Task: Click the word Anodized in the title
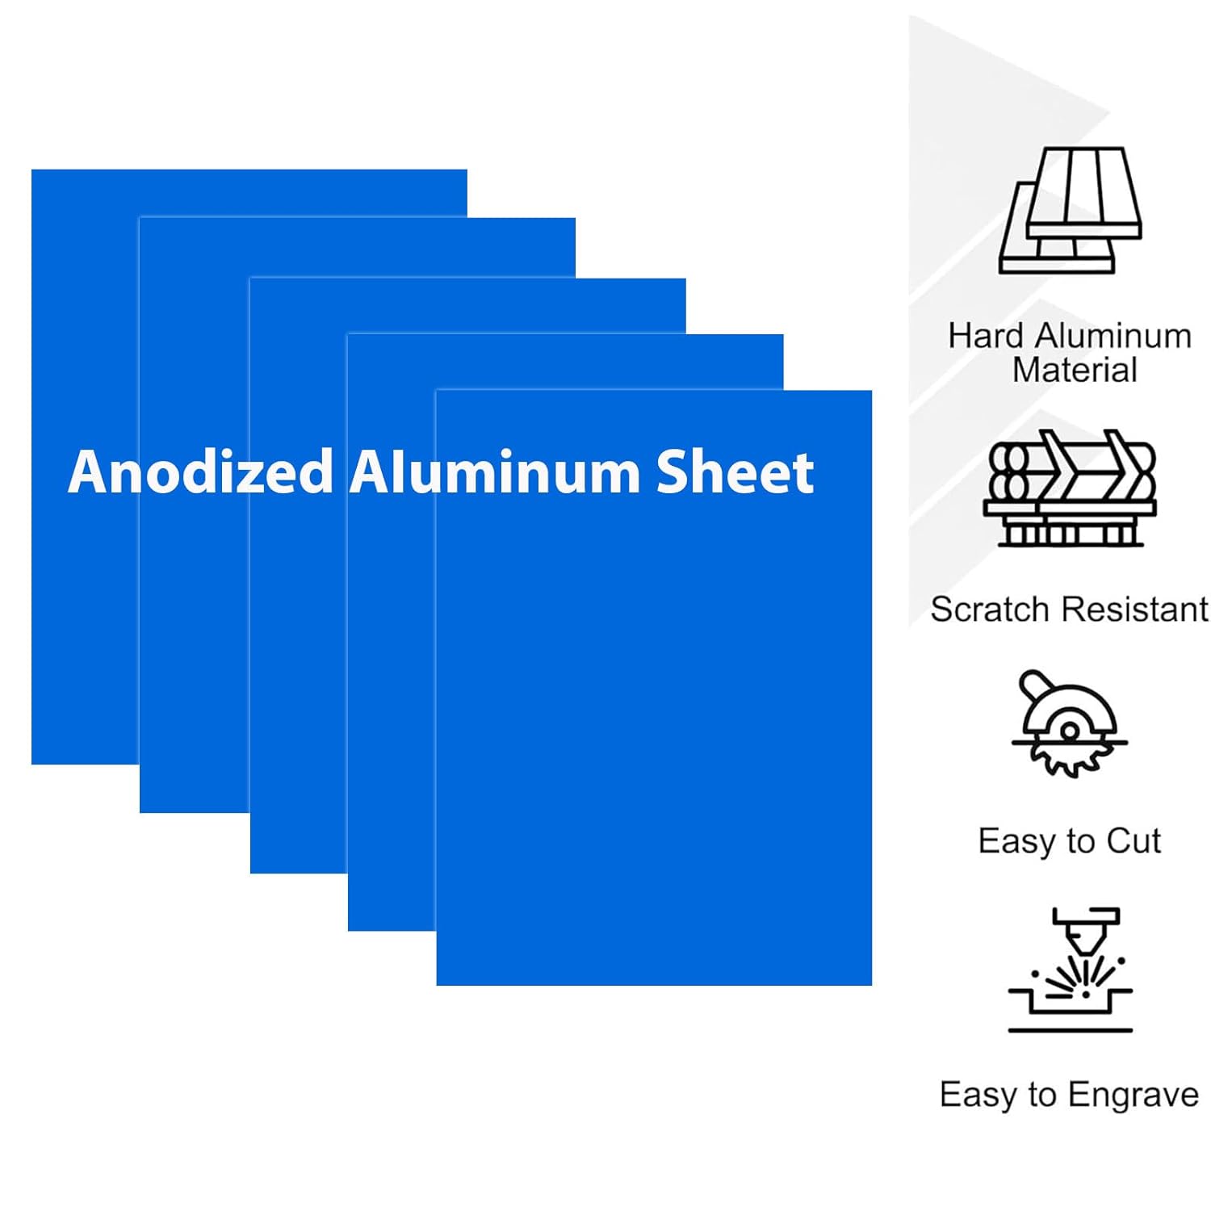[x=201, y=471]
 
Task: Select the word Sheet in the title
[x=735, y=471]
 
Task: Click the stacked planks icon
[x=1071, y=210]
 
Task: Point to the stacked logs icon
[x=1071, y=488]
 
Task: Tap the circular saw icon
[x=1069, y=723]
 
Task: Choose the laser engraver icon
[x=1071, y=970]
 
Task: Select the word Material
[x=1075, y=371]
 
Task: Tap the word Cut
[x=1133, y=841]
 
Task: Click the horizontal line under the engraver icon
[x=1071, y=1030]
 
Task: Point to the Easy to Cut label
[x=1070, y=841]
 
